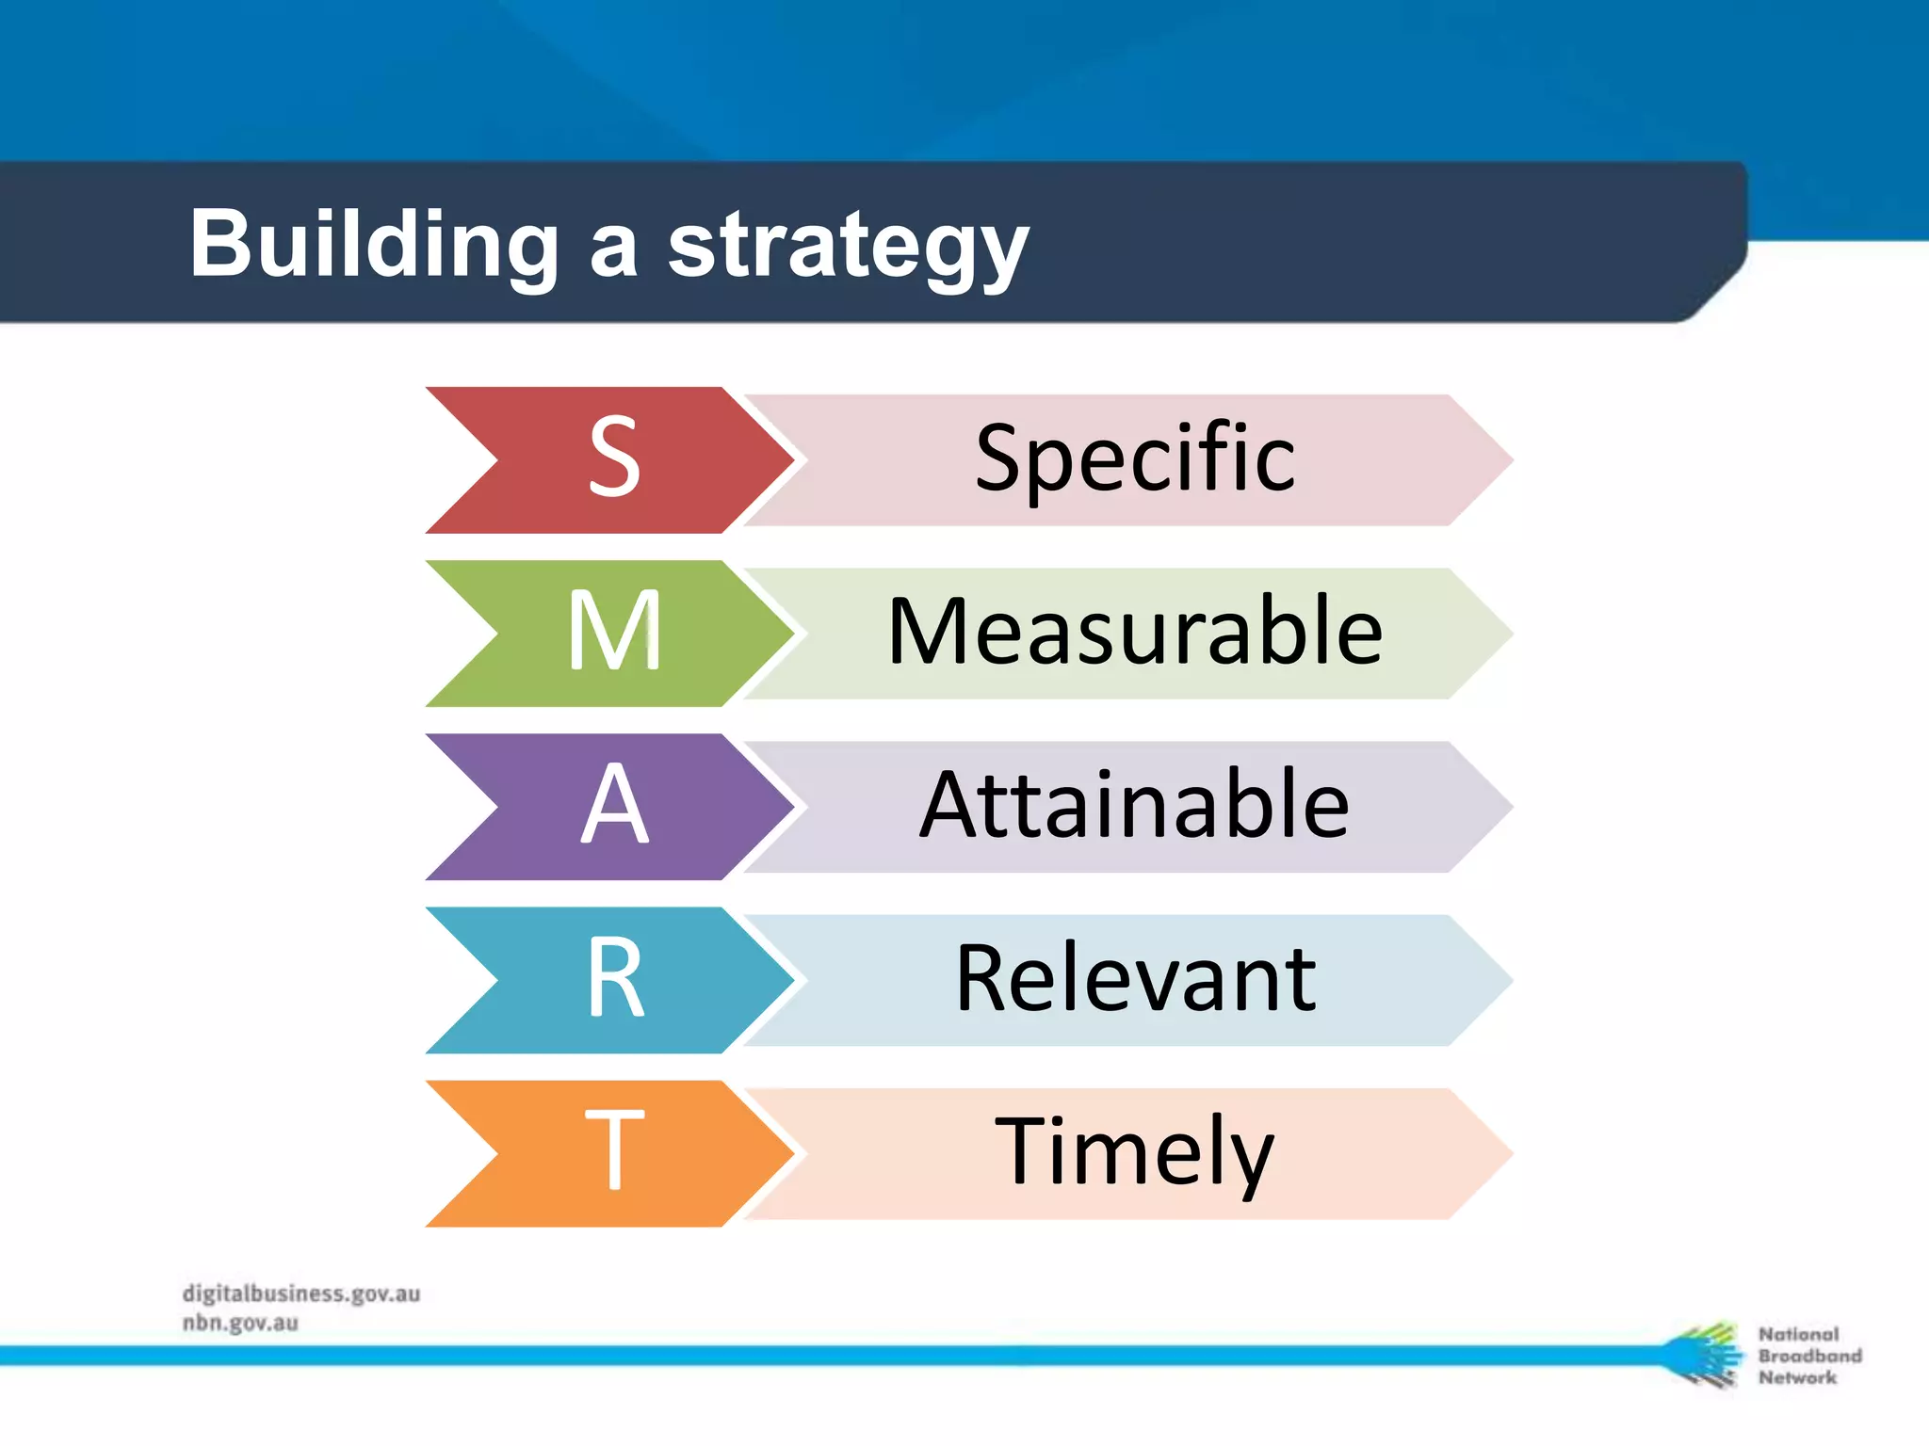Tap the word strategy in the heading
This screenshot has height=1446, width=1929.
pos(848,247)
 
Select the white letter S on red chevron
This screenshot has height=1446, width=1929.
pos(614,458)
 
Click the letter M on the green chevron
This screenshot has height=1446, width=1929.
pos(614,632)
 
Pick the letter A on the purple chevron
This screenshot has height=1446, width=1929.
pos(614,805)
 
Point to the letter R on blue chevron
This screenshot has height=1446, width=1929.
pos(614,979)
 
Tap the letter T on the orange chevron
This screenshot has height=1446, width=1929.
pos(614,1151)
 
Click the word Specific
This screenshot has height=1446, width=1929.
pos(1134,458)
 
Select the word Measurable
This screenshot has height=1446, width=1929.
pos(1134,632)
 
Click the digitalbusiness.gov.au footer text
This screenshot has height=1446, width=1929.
pos(301,1293)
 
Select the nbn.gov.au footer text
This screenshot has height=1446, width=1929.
pos(240,1323)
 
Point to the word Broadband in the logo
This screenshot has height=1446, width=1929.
pos(1809,1356)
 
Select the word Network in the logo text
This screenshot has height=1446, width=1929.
pos(1797,1377)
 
